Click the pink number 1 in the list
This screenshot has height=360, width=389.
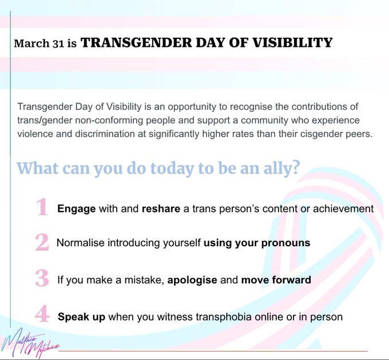tap(42, 207)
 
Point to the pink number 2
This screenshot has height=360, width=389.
tap(42, 242)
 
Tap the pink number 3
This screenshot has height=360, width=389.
tap(42, 278)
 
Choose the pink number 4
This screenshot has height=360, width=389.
tap(42, 315)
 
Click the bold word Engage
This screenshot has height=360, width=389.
tap(77, 209)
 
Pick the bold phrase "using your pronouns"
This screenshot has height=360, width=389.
tap(257, 243)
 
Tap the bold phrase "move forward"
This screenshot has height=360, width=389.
tap(276, 281)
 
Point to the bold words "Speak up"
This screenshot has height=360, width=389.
tap(81, 316)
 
